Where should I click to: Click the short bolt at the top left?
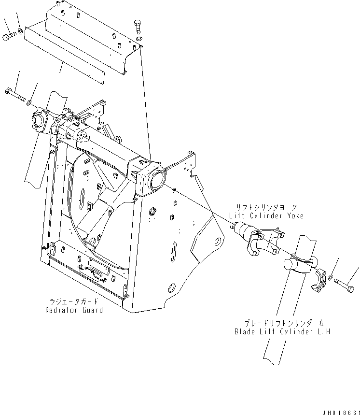click(10, 37)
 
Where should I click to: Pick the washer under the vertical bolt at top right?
click(139, 39)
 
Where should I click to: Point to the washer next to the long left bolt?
click(29, 101)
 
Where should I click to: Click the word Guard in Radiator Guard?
click(92, 310)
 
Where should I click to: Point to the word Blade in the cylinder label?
click(246, 332)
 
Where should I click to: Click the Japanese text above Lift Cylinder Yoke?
click(268, 207)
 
